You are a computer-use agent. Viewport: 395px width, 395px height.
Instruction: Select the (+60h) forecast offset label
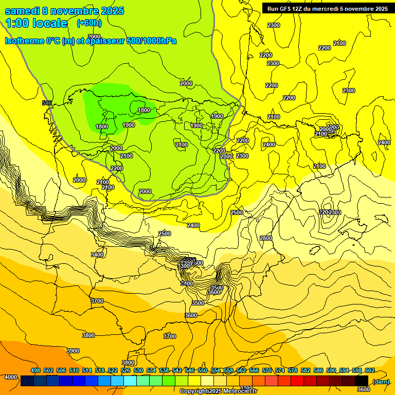pos(89,23)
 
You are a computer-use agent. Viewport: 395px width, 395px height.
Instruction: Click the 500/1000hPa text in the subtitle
pos(154,41)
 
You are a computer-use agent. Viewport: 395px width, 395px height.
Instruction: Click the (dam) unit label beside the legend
pos(381,381)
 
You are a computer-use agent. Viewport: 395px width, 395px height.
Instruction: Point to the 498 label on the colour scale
pos(35,370)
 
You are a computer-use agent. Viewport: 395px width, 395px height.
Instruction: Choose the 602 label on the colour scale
pos(370,370)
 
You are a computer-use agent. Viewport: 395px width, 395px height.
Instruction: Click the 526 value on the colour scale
pos(125,370)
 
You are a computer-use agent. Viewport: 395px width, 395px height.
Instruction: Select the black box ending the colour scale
pos(362,381)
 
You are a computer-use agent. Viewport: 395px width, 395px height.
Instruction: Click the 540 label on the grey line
pos(47,103)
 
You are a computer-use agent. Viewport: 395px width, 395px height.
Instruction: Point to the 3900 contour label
pos(73,351)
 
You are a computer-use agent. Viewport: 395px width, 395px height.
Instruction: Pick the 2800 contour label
pos(266,238)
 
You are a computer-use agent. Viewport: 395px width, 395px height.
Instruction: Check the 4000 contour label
pos(10,377)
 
